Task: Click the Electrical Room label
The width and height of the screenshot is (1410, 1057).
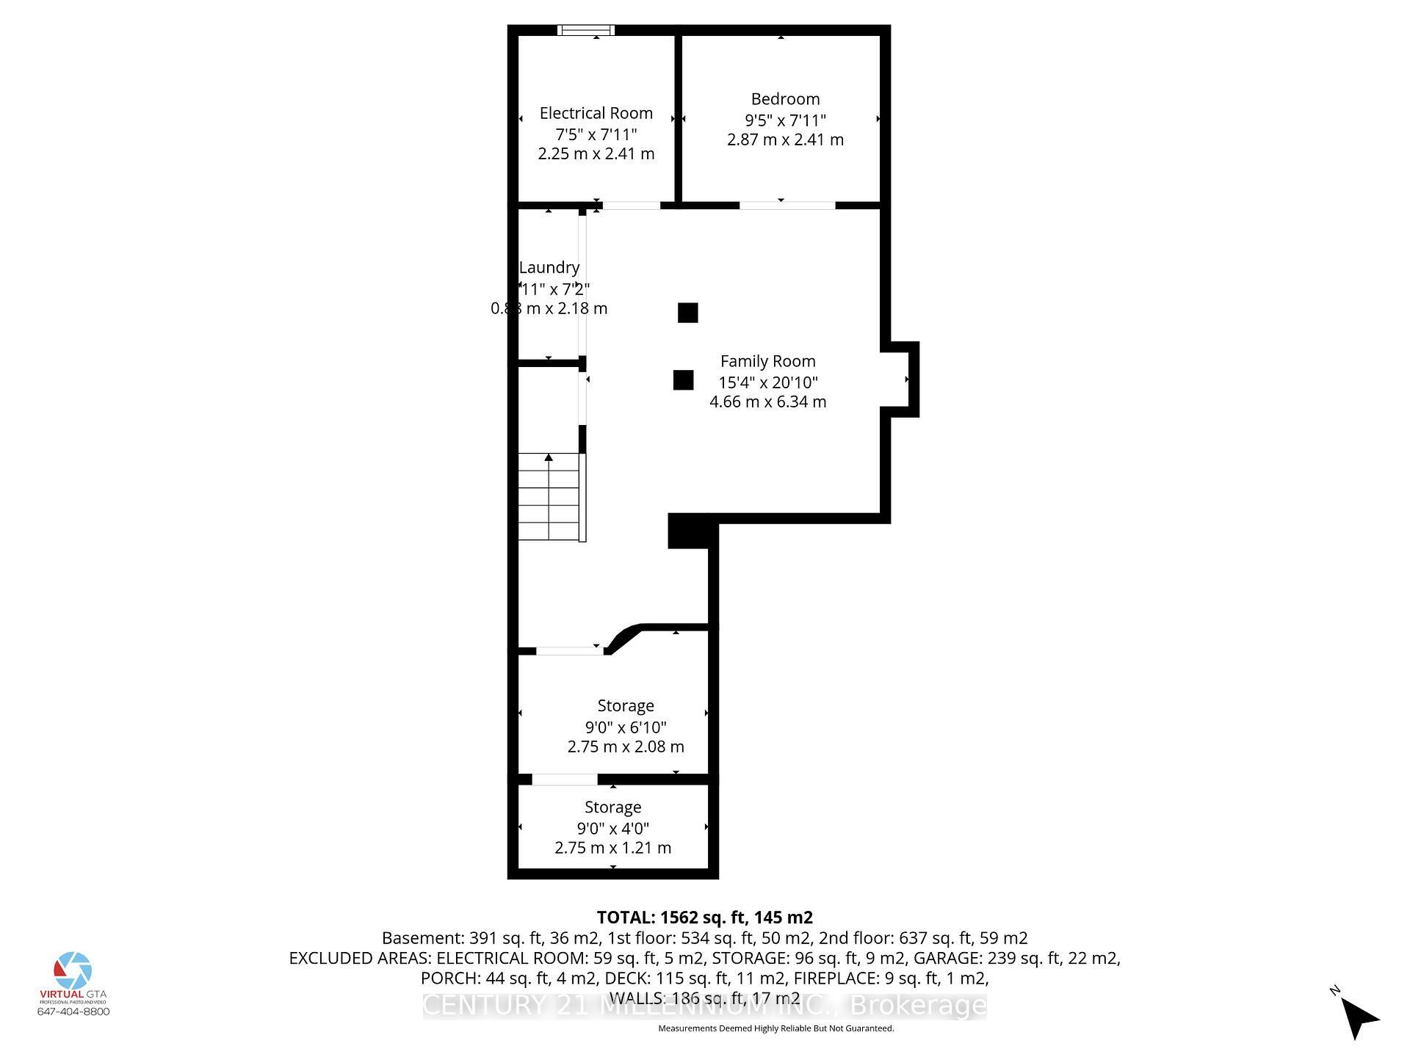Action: [596, 113]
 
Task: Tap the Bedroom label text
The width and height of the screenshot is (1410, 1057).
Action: [785, 99]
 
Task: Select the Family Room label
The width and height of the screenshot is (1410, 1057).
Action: [767, 361]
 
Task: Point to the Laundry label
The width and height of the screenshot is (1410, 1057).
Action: [549, 267]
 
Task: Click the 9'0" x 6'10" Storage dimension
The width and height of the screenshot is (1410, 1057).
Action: [626, 727]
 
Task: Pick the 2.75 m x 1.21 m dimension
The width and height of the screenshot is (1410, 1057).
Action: [612, 848]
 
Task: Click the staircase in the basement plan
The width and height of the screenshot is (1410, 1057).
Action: [550, 497]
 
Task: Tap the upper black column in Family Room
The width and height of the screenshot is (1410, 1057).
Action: [687, 313]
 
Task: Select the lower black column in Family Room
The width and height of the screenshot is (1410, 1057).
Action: [683, 380]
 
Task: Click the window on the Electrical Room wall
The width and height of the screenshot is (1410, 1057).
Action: [586, 30]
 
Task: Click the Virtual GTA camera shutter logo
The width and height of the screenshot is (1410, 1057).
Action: [73, 970]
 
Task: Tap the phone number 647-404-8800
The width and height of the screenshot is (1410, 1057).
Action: [73, 1011]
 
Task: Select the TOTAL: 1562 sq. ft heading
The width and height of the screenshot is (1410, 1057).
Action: [704, 918]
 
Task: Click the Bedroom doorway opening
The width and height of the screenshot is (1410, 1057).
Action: [787, 206]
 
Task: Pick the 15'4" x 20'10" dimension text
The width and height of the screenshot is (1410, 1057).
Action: [767, 382]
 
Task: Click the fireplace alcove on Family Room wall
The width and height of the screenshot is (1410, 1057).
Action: [899, 379]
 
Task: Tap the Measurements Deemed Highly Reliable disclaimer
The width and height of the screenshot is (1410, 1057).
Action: [775, 1028]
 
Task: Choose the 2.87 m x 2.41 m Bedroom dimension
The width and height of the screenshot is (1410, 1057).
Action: [785, 139]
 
